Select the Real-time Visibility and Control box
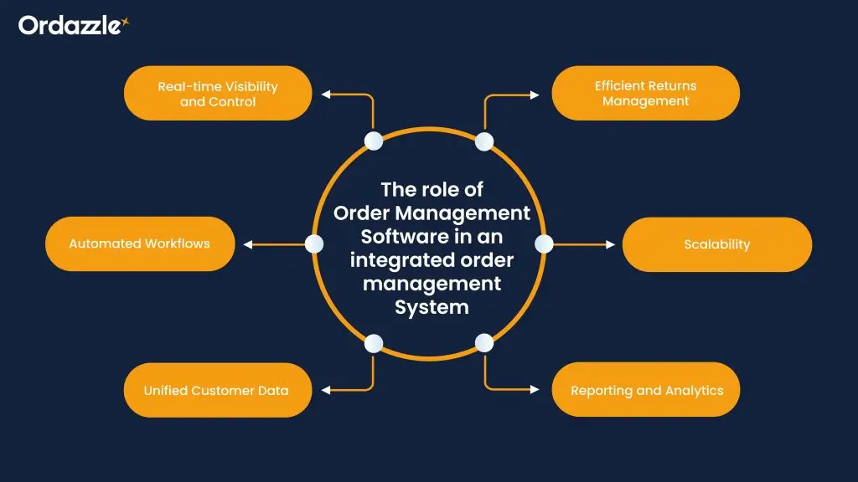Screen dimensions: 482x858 [218, 94]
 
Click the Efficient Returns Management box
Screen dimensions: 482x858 [645, 94]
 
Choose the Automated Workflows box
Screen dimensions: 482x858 [139, 244]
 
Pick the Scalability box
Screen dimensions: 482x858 [716, 244]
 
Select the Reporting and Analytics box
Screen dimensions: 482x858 [645, 390]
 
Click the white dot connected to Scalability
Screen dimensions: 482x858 [544, 244]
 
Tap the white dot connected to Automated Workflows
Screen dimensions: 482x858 [314, 244]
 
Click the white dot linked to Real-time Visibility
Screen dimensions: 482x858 [374, 141]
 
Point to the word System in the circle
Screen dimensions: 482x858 [432, 307]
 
